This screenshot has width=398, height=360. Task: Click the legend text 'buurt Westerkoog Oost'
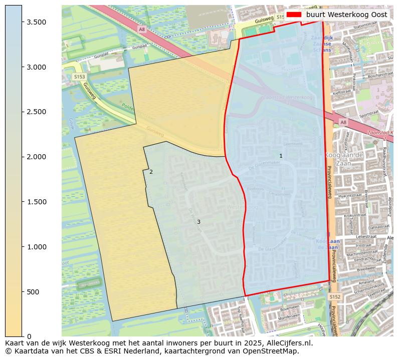(x=346, y=15)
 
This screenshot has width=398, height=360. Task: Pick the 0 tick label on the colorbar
(x=30, y=336)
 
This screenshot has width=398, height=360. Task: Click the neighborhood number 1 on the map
(x=281, y=156)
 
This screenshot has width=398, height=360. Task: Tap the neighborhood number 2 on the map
(x=151, y=172)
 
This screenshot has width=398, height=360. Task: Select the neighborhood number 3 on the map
(x=198, y=222)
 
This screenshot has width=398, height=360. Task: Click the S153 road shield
(x=79, y=77)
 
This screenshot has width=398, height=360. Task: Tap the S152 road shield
(x=335, y=297)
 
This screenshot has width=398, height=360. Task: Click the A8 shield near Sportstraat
(x=343, y=122)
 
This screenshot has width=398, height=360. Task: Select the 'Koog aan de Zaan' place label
(x=343, y=159)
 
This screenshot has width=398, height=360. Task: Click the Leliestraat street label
(x=365, y=235)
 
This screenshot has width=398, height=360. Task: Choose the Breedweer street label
(x=366, y=268)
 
